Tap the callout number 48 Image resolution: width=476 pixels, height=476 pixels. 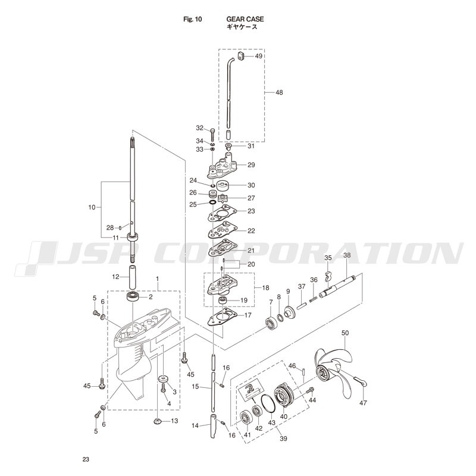[x=279, y=92]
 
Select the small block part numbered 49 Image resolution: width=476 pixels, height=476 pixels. [x=241, y=56]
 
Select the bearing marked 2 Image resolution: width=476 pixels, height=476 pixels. [x=133, y=296]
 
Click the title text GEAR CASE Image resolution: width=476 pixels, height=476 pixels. [x=245, y=19]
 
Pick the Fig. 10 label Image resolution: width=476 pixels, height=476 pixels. [x=192, y=19]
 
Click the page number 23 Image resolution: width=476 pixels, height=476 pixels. [x=86, y=459]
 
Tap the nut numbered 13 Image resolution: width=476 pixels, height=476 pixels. [x=158, y=421]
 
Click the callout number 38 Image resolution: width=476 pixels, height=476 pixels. [x=347, y=255]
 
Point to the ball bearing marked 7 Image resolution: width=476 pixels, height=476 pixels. [x=270, y=322]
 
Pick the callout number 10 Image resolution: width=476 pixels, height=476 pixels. [x=92, y=208]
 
